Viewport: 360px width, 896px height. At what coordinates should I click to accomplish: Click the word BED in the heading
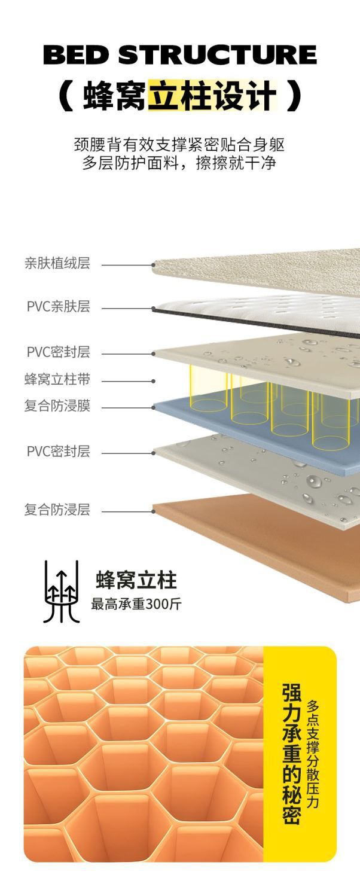(x=76, y=55)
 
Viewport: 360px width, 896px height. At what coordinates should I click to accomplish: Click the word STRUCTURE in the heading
(x=217, y=55)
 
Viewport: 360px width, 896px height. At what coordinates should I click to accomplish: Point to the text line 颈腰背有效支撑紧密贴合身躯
(x=179, y=144)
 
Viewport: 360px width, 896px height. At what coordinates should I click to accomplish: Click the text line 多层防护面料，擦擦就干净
(x=179, y=163)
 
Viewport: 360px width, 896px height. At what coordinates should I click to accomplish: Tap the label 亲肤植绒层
(x=57, y=263)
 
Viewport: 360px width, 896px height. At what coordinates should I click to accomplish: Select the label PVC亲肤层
(x=58, y=307)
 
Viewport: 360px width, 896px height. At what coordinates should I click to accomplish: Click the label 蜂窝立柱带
(x=57, y=379)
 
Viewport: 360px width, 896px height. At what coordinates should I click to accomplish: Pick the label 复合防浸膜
(x=57, y=407)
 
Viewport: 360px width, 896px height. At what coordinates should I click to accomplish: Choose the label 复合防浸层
(x=57, y=510)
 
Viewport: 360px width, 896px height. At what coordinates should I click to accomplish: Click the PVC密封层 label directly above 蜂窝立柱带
(x=58, y=352)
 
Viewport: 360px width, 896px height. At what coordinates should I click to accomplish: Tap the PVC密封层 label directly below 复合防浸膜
(x=58, y=451)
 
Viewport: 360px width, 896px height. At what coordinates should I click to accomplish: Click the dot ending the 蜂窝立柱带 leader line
(x=154, y=380)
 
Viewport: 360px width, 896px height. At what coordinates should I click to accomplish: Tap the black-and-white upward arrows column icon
(x=62, y=592)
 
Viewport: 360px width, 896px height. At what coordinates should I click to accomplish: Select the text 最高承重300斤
(x=136, y=604)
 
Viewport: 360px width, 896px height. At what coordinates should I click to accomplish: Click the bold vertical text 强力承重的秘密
(x=291, y=754)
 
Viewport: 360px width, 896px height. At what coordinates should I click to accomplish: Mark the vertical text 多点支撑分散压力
(x=313, y=754)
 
